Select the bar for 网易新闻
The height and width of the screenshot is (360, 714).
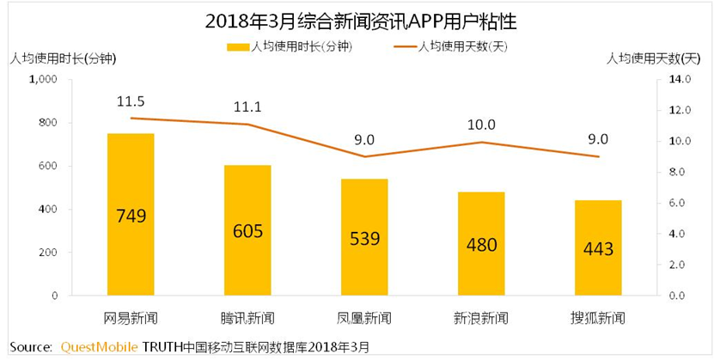(131, 215)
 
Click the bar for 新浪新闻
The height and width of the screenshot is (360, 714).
(481, 244)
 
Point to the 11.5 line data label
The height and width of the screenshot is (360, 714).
(130, 101)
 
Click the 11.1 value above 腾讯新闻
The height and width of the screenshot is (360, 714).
(247, 107)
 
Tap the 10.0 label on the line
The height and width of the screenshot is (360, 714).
(481, 125)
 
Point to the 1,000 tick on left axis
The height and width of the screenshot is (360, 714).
(42, 79)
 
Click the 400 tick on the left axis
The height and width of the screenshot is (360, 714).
(46, 210)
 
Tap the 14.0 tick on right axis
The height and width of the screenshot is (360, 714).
(673, 79)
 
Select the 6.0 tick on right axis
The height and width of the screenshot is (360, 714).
(673, 203)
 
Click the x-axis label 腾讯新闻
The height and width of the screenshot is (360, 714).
(247, 317)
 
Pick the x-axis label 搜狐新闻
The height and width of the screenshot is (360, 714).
(598, 317)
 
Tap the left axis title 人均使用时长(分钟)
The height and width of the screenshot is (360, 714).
(62, 58)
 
